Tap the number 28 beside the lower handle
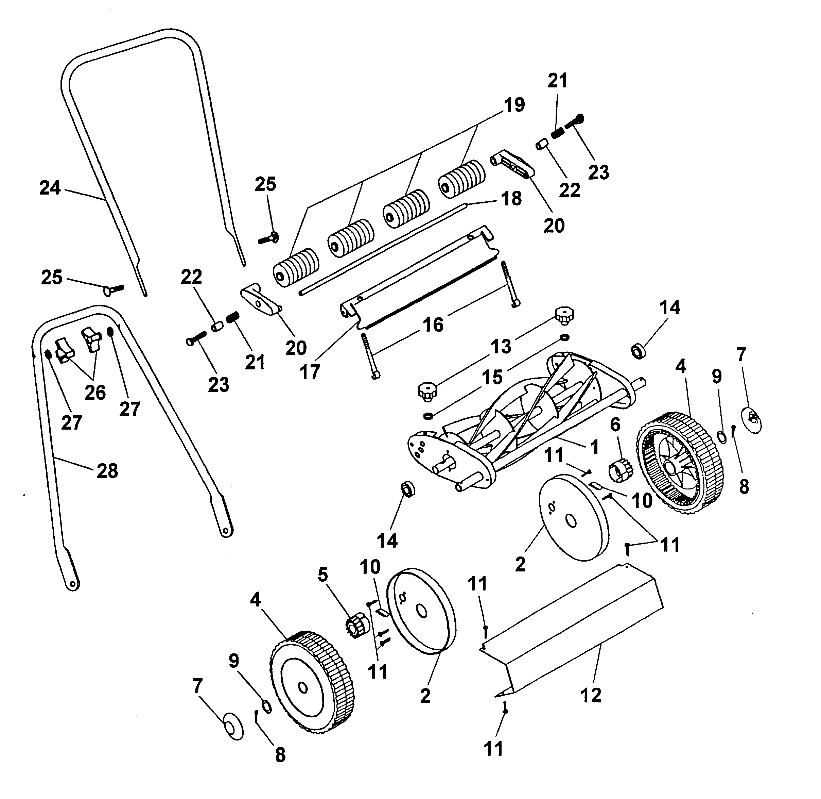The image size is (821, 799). (107, 471)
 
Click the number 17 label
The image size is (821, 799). (310, 372)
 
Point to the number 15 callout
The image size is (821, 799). (492, 377)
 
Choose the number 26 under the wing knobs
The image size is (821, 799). (95, 393)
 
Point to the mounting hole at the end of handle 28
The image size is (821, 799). (73, 584)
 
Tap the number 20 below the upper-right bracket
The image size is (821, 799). (554, 226)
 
